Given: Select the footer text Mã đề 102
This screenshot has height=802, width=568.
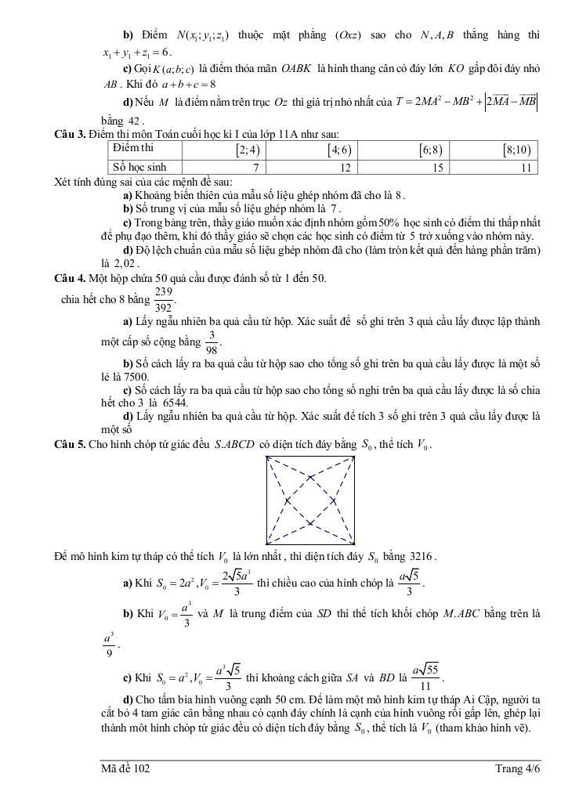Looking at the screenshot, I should [125, 769].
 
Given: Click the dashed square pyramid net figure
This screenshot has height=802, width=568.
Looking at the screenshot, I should [312, 499].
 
